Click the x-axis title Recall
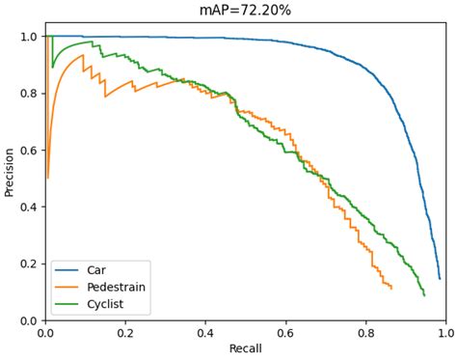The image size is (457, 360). [x=245, y=348]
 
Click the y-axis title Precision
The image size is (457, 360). [x=10, y=172]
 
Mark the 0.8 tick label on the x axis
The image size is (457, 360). [x=365, y=332]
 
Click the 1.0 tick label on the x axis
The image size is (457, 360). [x=445, y=332]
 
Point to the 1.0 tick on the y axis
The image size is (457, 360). [x=29, y=37]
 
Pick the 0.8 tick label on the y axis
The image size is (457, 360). [x=29, y=94]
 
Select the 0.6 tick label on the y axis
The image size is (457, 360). [x=29, y=151]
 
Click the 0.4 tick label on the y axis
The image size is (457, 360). [x=29, y=207]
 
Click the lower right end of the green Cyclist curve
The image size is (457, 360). [x=423, y=294]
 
